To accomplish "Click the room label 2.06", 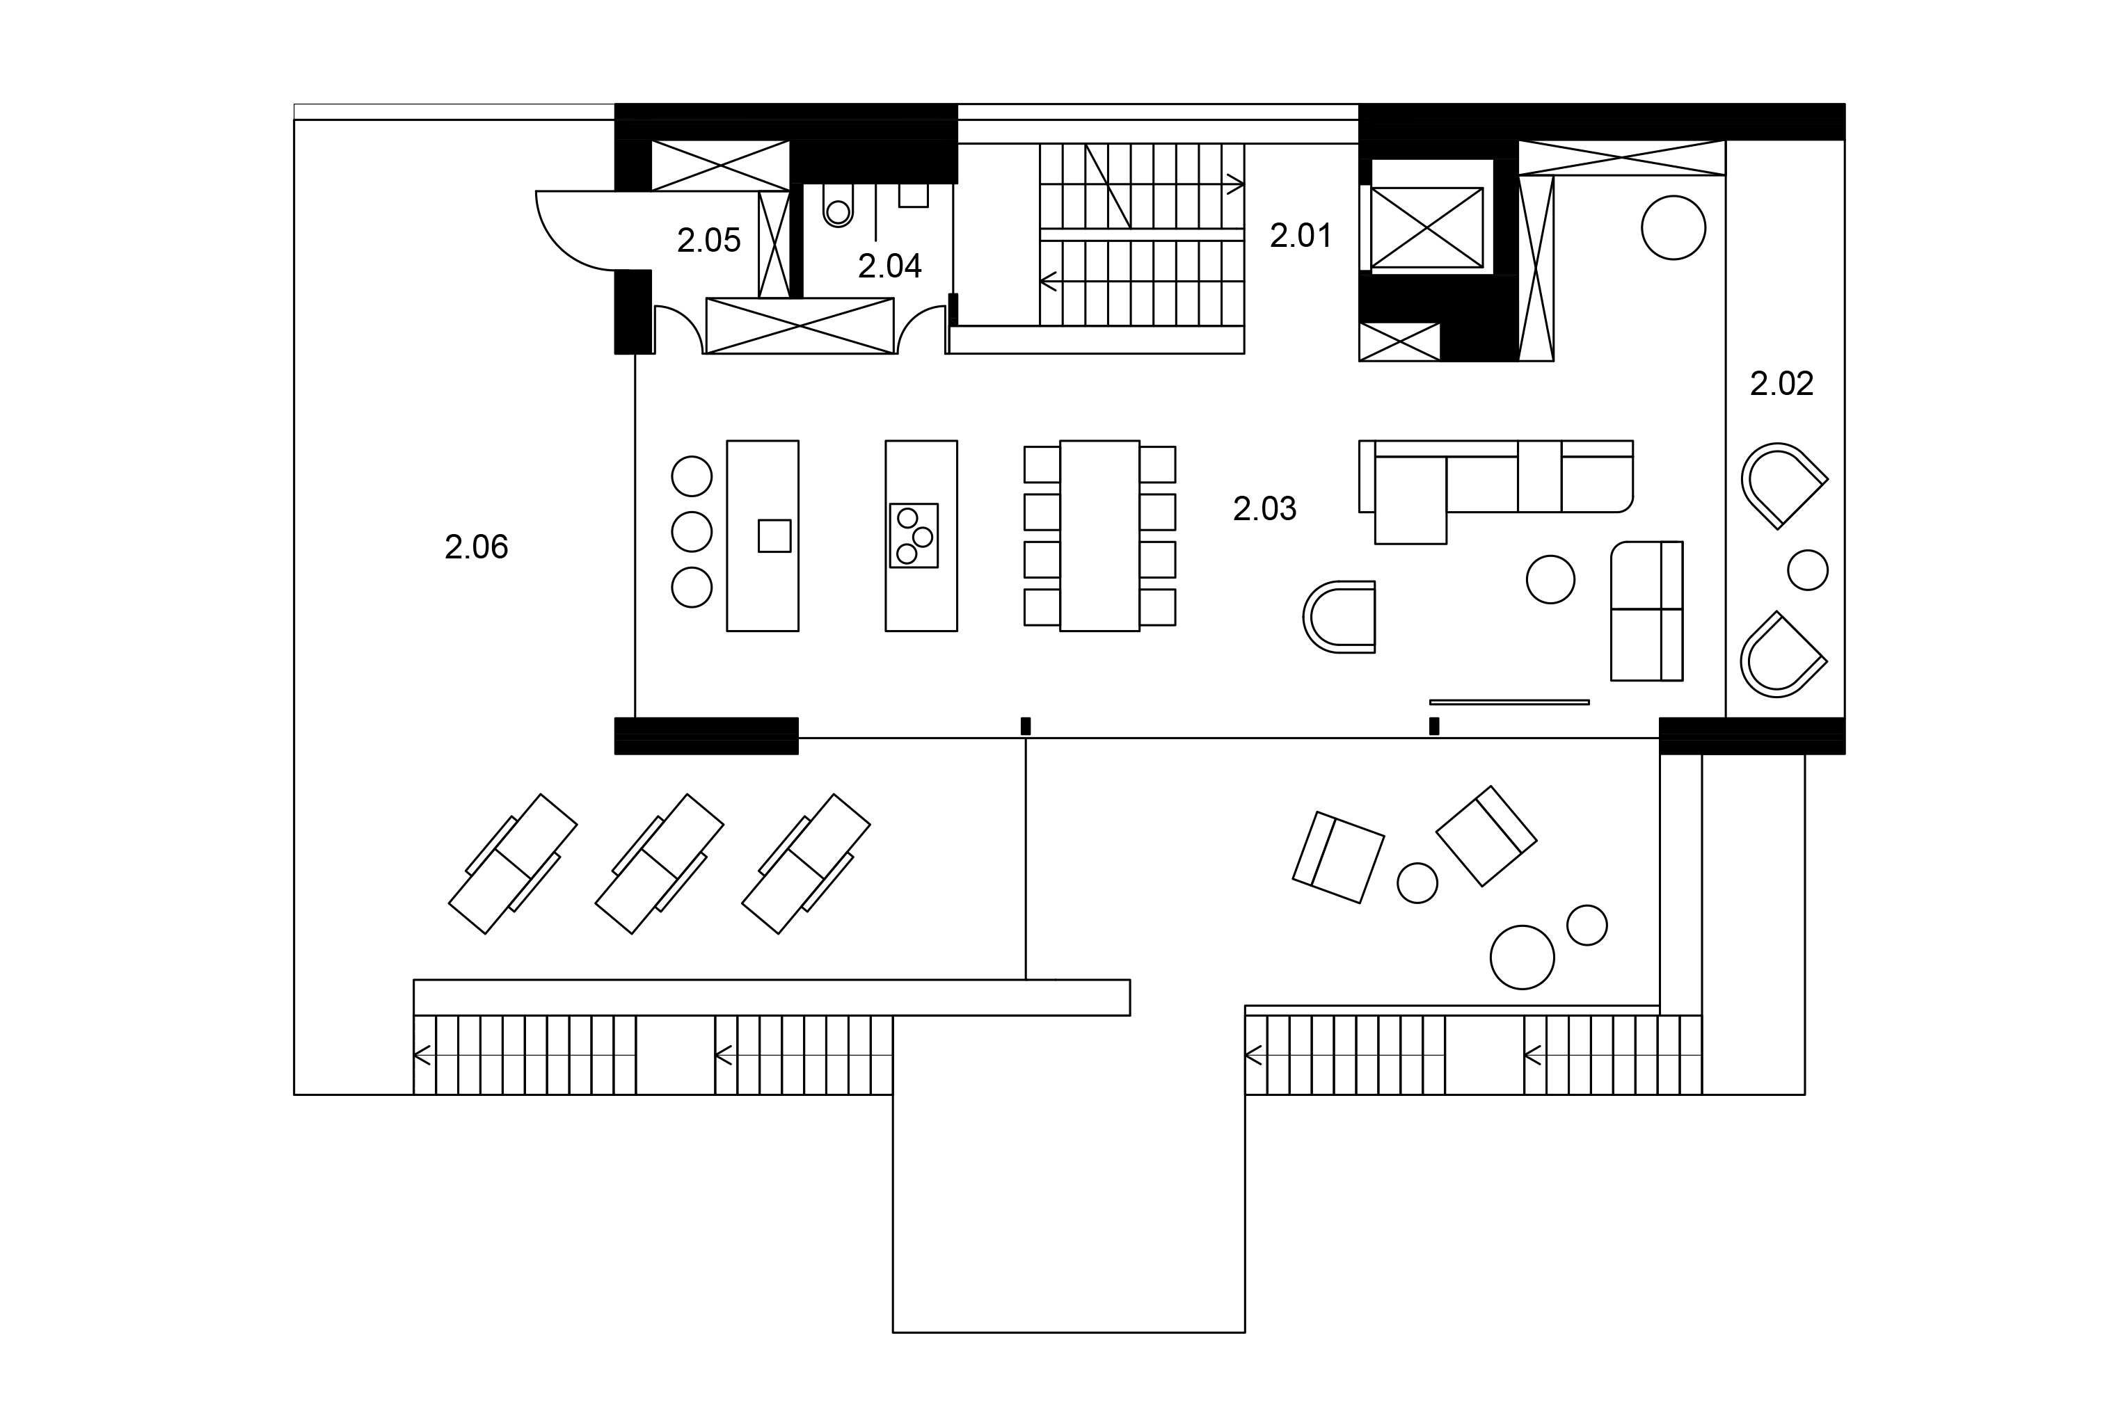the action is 476,547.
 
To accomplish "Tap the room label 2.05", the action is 708,241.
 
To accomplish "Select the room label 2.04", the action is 889,266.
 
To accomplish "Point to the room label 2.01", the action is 1301,236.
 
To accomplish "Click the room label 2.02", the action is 1782,383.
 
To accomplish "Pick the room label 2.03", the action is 1265,508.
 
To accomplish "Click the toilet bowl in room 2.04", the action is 838,208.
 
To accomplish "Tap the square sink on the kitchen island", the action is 774,535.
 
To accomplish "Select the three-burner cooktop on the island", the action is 914,535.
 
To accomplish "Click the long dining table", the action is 1099,535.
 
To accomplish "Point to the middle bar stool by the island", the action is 692,532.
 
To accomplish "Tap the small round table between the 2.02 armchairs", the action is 1808,570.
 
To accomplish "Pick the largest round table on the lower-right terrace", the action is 1522,957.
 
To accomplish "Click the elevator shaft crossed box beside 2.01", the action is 1427,227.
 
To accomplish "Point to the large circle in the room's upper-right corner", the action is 1673,227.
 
